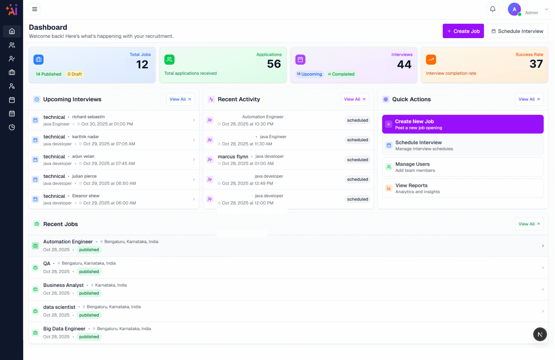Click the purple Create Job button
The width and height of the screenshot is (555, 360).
463,31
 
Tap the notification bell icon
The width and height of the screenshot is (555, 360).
492,9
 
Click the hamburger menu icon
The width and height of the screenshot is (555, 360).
34,9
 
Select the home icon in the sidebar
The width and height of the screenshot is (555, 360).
12,31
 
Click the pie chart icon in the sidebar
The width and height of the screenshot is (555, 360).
12,127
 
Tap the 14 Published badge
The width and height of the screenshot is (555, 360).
49,74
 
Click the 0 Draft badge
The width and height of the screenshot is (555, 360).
74,74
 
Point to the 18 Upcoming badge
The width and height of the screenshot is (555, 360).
309,74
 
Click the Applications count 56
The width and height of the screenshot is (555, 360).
274,64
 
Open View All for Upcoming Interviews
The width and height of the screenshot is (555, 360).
180,99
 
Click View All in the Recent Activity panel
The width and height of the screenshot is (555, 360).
354,99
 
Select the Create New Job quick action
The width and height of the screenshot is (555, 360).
462,124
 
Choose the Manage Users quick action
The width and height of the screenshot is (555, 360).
462,167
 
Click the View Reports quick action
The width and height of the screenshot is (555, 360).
462,188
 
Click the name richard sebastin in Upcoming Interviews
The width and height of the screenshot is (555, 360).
88,117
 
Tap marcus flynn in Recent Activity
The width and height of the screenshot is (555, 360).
233,157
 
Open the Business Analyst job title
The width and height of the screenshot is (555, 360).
63,285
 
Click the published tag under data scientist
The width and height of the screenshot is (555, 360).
89,315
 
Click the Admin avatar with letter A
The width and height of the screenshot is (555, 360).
514,9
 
